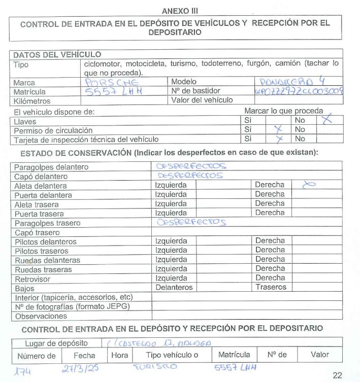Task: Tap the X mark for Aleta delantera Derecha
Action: (309, 185)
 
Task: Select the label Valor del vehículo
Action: (202, 100)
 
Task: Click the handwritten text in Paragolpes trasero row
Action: (191, 222)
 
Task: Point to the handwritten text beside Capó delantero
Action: (191, 176)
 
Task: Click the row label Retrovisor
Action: (33, 279)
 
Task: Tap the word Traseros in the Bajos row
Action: (271, 287)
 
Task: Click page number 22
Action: (338, 375)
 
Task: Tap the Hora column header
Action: (120, 355)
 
